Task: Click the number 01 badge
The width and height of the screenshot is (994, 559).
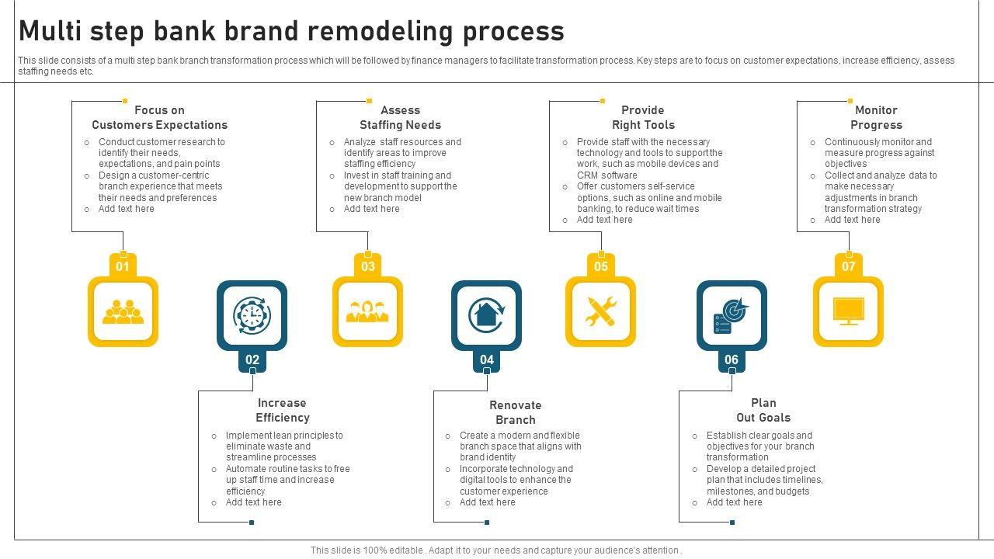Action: coord(123,266)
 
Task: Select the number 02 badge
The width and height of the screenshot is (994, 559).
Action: coord(252,359)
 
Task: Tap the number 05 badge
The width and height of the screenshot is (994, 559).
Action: coord(601,266)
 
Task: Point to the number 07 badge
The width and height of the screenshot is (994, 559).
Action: coord(849,266)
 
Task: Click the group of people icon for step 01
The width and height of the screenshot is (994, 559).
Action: coord(123,312)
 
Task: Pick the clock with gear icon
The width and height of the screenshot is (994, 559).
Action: coord(252,316)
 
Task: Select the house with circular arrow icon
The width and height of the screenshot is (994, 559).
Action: coord(486,316)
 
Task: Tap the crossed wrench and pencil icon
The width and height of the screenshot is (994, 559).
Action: coord(600,312)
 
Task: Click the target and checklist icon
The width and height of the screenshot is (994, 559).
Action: coord(732,316)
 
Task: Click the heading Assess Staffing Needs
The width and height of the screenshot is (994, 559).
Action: coord(400,117)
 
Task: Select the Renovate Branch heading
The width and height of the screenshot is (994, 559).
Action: coord(515,412)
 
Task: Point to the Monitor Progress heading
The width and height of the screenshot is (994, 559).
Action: coord(876,117)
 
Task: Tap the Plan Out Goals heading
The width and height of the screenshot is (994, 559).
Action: coord(763,410)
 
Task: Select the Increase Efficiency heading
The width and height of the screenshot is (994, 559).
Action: coord(282,410)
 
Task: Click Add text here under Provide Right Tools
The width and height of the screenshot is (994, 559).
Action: coord(604,220)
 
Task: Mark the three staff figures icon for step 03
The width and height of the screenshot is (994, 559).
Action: coord(367,312)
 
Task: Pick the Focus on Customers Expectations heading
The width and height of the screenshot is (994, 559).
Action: coord(159,117)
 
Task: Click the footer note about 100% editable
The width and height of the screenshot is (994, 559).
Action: coord(496,550)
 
